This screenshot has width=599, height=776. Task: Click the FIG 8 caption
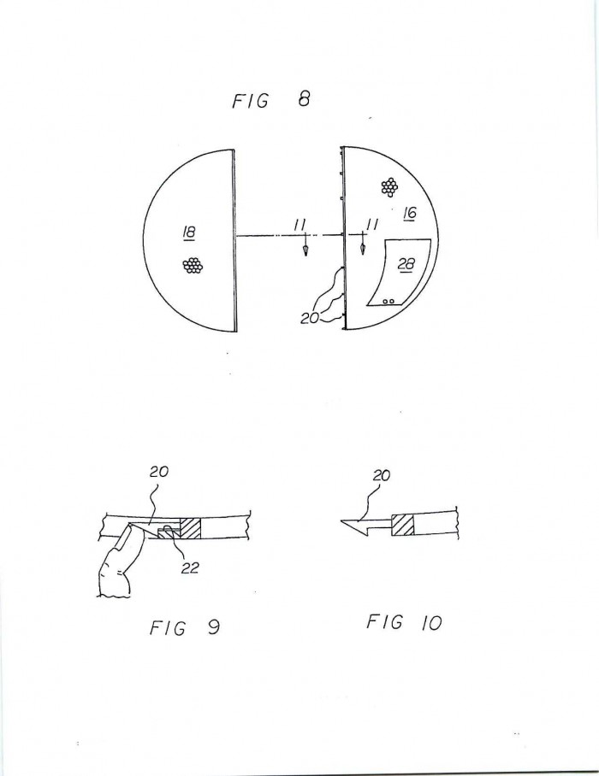[271, 100]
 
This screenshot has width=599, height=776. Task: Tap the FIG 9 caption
[184, 628]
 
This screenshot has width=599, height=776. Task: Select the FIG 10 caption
[404, 622]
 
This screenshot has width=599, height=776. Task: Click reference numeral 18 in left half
[189, 232]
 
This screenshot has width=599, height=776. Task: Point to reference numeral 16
[410, 214]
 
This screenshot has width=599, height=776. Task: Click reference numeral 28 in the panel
[406, 265]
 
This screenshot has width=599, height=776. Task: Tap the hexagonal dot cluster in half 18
[193, 267]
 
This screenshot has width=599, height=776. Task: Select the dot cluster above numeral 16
[390, 186]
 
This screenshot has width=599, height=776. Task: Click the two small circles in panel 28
[389, 301]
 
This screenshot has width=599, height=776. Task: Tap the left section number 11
[299, 225]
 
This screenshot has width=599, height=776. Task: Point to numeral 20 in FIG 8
[310, 319]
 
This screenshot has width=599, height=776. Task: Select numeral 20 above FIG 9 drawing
[159, 472]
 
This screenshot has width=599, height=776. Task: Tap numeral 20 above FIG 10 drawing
[381, 475]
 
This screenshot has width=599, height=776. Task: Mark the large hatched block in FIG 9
[190, 528]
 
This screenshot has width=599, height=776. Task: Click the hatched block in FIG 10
[403, 525]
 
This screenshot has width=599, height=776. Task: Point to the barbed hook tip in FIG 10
[342, 520]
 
